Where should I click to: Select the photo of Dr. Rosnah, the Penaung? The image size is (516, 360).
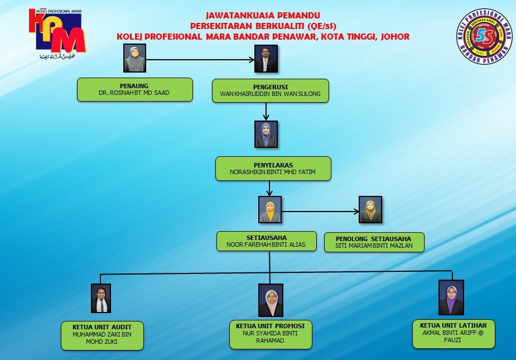[x=134, y=59]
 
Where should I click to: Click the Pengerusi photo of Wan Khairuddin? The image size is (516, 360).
[x=266, y=59]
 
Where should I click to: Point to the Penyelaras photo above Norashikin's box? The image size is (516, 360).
[x=266, y=135]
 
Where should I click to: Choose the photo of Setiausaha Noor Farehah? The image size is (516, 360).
[x=270, y=210]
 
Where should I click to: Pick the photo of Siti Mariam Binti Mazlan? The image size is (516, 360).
[x=370, y=210]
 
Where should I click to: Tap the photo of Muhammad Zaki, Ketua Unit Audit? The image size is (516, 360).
[x=101, y=298]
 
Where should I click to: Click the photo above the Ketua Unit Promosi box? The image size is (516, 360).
[x=271, y=300]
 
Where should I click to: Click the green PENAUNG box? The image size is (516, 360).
[x=134, y=89]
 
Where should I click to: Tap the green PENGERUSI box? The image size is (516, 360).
[x=271, y=90]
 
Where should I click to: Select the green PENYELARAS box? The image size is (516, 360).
[x=273, y=169]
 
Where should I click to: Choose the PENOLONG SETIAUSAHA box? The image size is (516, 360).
[x=374, y=242]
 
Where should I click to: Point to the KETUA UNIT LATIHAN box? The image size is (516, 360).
[x=454, y=333]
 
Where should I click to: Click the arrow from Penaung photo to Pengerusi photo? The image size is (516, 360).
[x=201, y=59]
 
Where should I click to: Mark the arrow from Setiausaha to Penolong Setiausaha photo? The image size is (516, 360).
[x=320, y=211]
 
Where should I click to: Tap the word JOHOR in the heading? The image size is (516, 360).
[x=394, y=36]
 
